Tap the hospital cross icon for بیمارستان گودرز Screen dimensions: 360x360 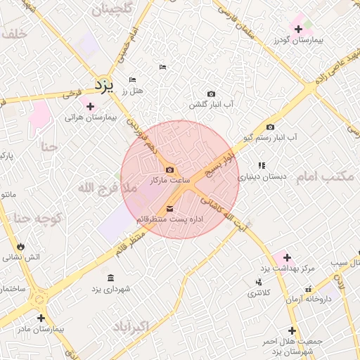pos(299,29)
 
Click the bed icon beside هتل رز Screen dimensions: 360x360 pos(133,79)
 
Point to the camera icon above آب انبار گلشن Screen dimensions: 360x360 pos(211,94)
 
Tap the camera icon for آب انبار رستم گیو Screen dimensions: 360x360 pos(271,127)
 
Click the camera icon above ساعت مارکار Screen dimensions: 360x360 pos(169,169)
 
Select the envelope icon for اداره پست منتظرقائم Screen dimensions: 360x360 pos(169,209)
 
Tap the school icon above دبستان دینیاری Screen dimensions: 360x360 pos(262,165)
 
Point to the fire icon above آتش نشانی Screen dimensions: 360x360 pos(20,247)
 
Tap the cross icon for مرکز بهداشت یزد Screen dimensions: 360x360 pos(287,257)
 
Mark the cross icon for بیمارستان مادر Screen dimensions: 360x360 pos(41,318)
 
